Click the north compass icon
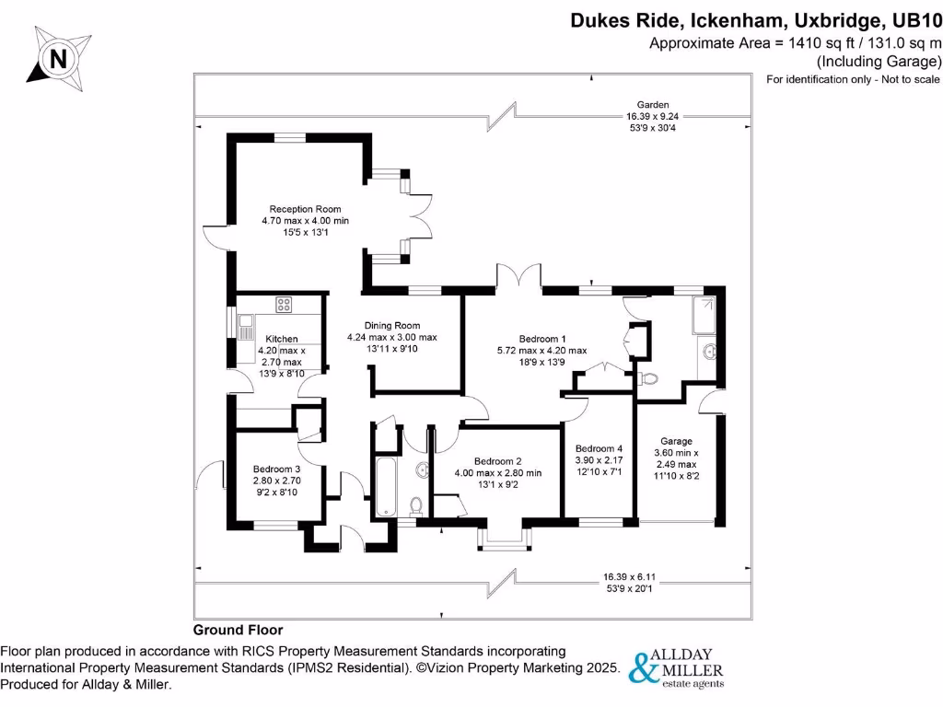point(58,59)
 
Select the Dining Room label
point(391,326)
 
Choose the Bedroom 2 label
point(498,461)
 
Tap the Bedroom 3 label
point(276,469)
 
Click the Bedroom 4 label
point(599,449)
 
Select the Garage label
point(676,441)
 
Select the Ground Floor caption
point(238,631)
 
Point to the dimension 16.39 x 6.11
point(629,577)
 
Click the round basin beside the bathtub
point(423,470)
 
